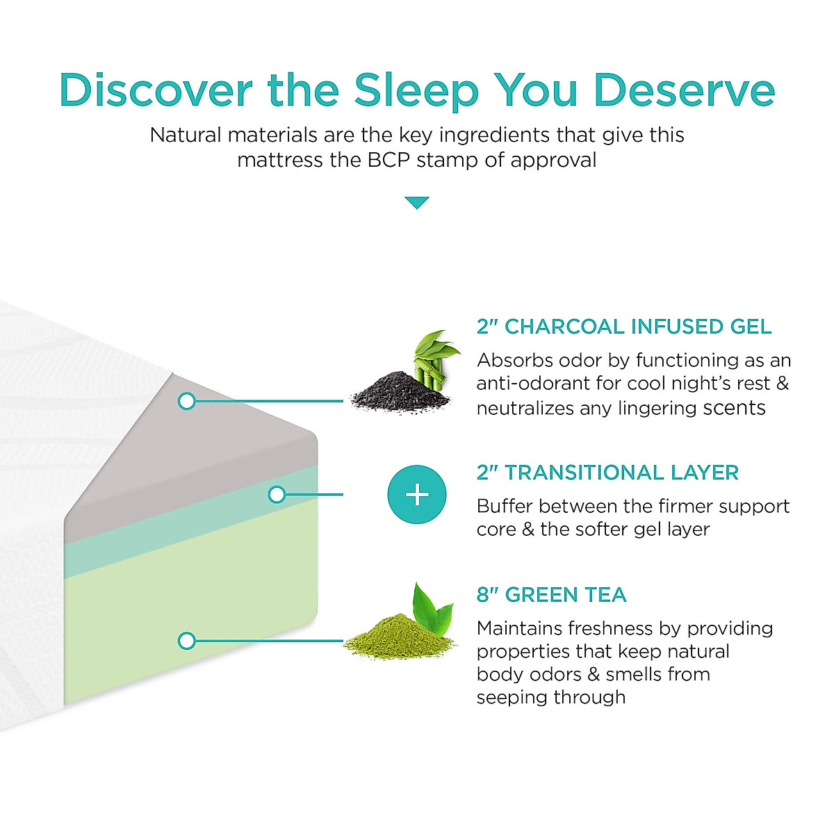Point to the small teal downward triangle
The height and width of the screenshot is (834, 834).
tap(417, 203)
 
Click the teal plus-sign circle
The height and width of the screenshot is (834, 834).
tap(417, 495)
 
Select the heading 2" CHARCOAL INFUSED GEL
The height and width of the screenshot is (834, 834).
tap(623, 327)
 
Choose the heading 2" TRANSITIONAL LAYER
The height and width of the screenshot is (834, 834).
tap(607, 473)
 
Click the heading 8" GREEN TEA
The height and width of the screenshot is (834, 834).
tap(551, 595)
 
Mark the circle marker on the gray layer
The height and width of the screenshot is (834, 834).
tap(186, 401)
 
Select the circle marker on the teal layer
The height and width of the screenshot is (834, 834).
tap(277, 495)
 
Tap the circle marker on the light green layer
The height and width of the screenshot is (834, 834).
tap(186, 640)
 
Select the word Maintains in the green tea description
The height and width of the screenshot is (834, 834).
tap(519, 628)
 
